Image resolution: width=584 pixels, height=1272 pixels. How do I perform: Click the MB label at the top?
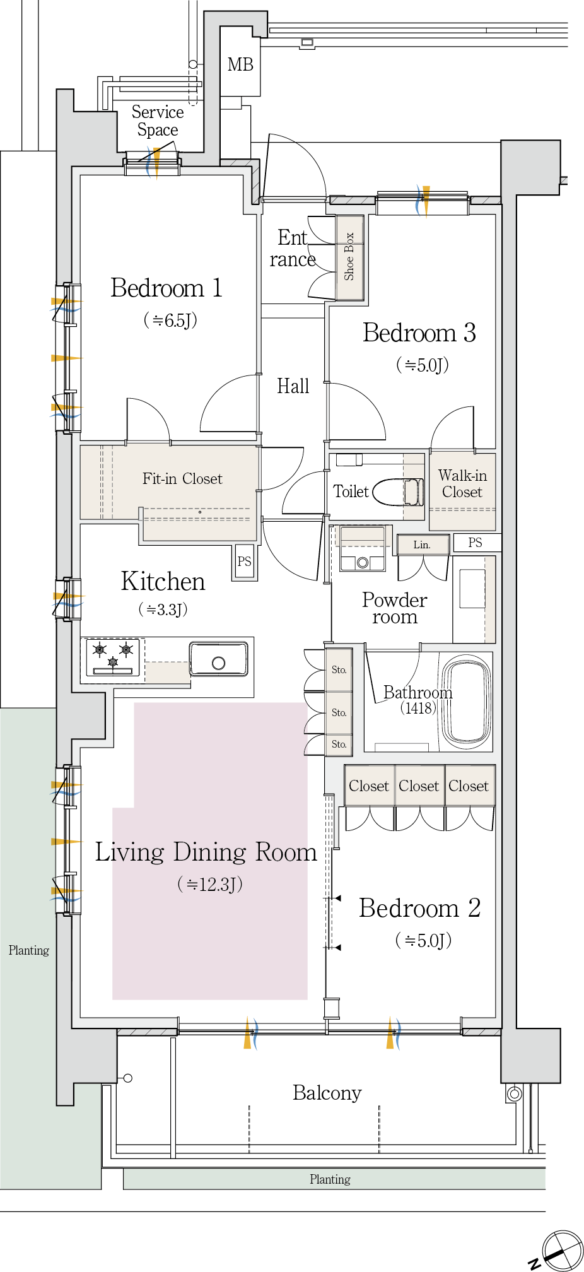click(240, 64)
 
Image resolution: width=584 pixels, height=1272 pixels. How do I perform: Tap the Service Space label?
click(158, 121)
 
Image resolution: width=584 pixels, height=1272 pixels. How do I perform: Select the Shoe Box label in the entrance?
click(349, 256)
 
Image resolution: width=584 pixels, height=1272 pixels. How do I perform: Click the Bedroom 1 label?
click(166, 288)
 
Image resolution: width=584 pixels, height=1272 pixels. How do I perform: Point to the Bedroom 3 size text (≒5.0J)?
click(423, 365)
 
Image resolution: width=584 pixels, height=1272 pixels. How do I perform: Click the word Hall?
click(293, 386)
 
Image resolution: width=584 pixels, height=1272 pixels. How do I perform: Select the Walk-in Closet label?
click(462, 483)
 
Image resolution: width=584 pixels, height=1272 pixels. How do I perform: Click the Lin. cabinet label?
click(422, 545)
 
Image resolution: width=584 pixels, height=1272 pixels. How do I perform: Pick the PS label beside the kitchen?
click(244, 562)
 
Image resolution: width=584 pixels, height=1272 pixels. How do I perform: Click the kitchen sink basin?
click(218, 659)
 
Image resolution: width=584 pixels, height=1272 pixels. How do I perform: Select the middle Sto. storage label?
click(339, 712)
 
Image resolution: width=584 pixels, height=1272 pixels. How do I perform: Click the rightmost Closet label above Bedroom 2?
click(469, 786)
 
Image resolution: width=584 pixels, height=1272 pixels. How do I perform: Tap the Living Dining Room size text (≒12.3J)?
click(210, 884)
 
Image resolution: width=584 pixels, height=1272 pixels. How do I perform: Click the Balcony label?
click(327, 1093)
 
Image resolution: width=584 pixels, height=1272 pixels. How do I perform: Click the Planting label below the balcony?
click(330, 1179)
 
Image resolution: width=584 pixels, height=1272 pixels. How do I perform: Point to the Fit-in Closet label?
click(182, 479)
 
